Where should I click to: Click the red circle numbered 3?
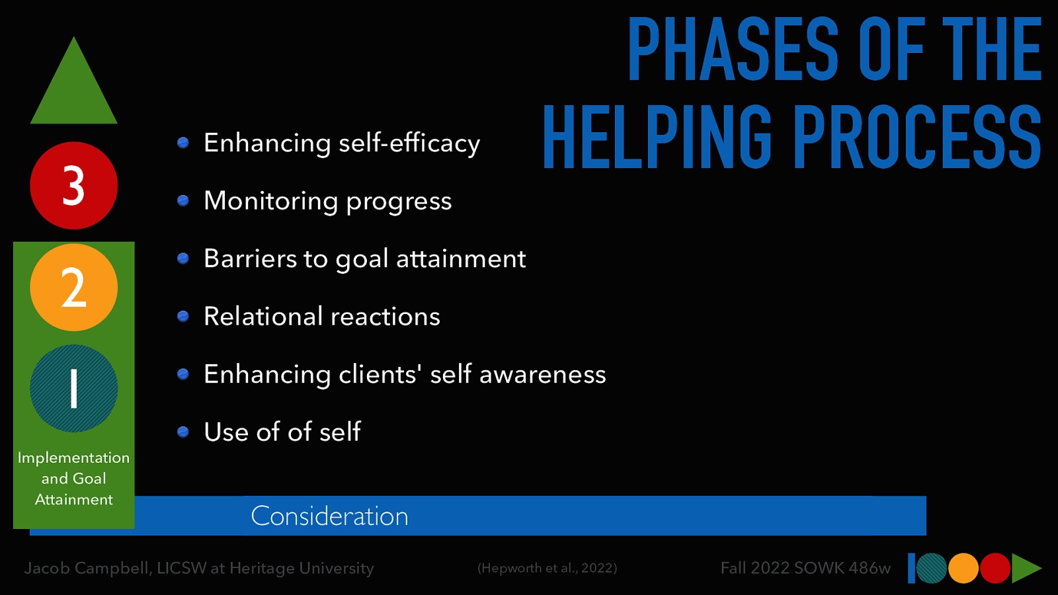[x=73, y=186]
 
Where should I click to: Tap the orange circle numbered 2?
[x=73, y=288]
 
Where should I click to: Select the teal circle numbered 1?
[x=73, y=389]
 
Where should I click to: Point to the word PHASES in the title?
[x=733, y=50]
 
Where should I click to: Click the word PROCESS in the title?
[x=916, y=138]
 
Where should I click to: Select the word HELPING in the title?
[x=657, y=138]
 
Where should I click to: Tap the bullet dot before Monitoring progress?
[x=183, y=201]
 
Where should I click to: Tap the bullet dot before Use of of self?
[x=183, y=432]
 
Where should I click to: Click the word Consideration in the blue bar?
[x=329, y=516]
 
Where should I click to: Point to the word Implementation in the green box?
[x=73, y=457]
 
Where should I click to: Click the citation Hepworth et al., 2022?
[x=547, y=568]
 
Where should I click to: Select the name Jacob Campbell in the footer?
[x=87, y=568]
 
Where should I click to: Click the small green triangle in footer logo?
[x=1025, y=569]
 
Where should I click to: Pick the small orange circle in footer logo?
[x=963, y=569]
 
